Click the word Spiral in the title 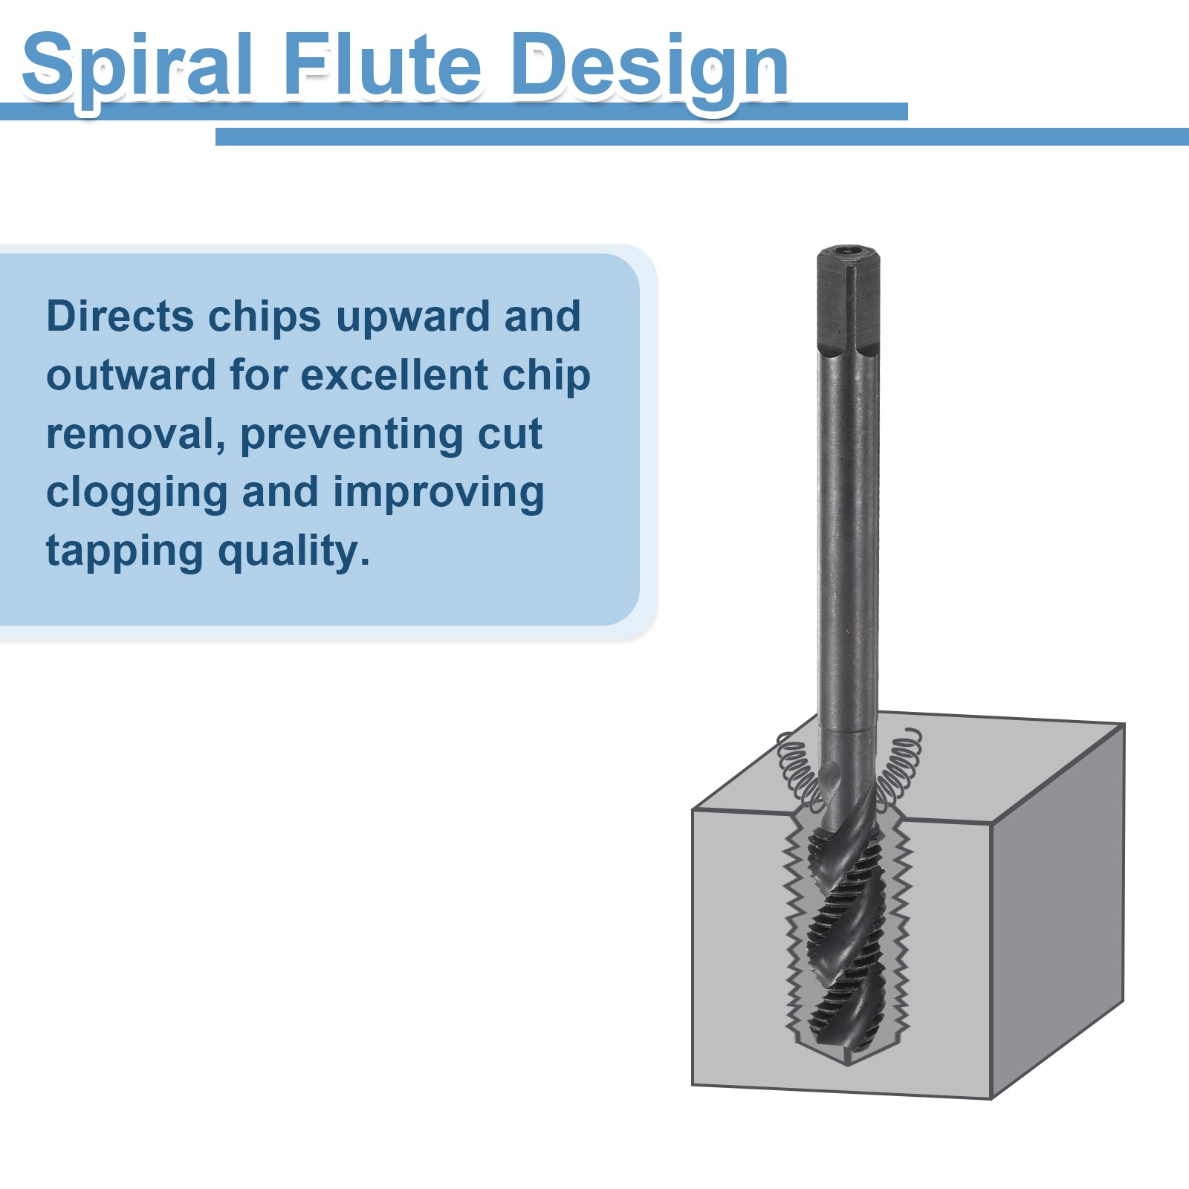click(138, 67)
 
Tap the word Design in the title click(649, 68)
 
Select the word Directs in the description click(120, 317)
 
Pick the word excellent click(395, 375)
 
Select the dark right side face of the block click(1058, 910)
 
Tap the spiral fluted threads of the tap click(848, 936)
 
